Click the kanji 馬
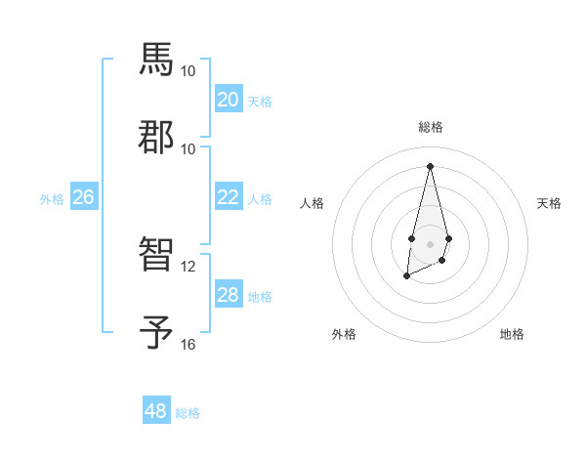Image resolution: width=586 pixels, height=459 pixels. [156, 60]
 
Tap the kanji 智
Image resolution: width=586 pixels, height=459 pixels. [156, 255]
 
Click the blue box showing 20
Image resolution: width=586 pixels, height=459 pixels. [228, 99]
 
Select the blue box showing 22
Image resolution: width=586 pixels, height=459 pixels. [228, 196]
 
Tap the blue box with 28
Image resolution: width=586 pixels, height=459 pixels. [228, 294]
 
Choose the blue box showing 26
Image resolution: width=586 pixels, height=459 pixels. [83, 196]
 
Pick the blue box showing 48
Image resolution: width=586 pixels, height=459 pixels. [156, 411]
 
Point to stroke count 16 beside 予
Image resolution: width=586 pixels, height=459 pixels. [188, 344]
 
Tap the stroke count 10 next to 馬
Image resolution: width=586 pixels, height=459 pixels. [188, 71]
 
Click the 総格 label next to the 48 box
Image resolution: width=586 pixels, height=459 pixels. [188, 413]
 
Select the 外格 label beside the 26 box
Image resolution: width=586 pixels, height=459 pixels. [52, 198]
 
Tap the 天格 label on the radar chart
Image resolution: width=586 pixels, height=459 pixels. [549, 203]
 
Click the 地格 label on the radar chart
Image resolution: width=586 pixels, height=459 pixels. [512, 334]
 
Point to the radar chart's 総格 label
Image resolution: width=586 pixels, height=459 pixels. [430, 127]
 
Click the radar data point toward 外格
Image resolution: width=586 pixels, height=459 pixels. [406, 276]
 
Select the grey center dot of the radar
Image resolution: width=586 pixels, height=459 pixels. [430, 242]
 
